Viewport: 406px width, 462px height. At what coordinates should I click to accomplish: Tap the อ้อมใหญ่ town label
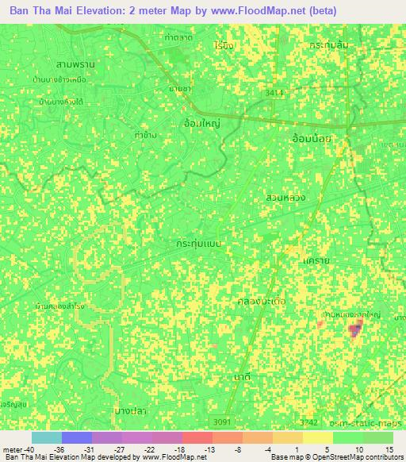point(201,124)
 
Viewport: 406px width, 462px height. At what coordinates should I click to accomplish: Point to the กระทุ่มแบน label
point(199,239)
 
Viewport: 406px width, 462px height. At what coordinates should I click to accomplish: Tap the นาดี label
point(243,377)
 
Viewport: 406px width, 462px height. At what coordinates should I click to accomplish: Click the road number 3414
point(274,93)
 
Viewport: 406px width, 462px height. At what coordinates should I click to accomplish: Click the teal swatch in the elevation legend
point(47,437)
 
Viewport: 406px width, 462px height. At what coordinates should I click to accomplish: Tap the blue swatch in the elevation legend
point(77,437)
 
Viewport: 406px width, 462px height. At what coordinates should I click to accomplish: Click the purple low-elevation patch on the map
point(354,329)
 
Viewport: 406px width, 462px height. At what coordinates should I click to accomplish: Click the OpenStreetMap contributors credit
point(354,457)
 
